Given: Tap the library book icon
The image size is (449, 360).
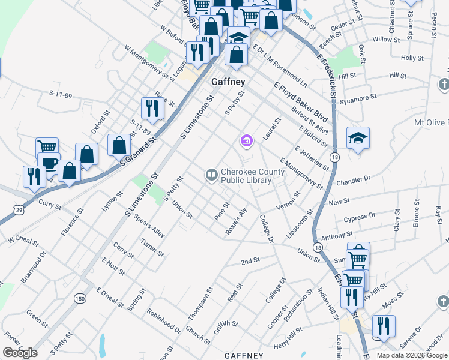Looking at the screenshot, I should click(211, 175).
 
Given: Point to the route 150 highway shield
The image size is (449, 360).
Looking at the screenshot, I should click(80, 298).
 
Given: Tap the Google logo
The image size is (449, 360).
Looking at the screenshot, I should click(20, 353).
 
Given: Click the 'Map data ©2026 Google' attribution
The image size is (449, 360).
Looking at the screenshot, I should click(411, 355).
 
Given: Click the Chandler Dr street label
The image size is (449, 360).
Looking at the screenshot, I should click(354, 178).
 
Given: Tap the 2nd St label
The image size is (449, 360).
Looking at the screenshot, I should click(250, 261).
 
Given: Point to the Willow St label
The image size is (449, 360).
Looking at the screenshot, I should click(382, 39).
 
